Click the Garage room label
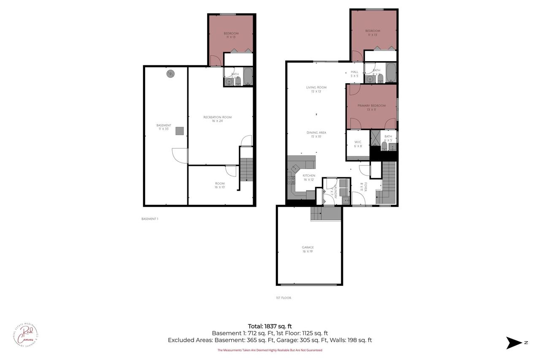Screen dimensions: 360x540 pyautogui.click(x=308, y=249)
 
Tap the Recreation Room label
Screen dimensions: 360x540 pyautogui.click(x=217, y=119)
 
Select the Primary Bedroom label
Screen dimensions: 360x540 pyautogui.click(x=371, y=107)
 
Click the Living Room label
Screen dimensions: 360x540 pyautogui.click(x=316, y=89)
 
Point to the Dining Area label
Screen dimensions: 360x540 pyautogui.click(x=316, y=135)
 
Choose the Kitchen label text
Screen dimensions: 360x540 pyautogui.click(x=309, y=177)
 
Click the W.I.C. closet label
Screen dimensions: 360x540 pyautogui.click(x=358, y=144)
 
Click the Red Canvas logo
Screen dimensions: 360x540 pyautogui.click(x=26, y=334)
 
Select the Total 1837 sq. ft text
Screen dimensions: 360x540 pyautogui.click(x=270, y=326)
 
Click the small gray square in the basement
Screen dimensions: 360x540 pyautogui.click(x=180, y=131)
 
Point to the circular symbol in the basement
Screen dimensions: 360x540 pyautogui.click(x=170, y=74)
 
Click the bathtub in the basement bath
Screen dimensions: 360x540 pyautogui.click(x=248, y=77)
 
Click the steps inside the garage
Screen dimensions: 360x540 pyautogui.click(x=326, y=214)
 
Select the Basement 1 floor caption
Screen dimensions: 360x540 pyautogui.click(x=150, y=219)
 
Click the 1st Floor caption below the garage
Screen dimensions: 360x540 pyautogui.click(x=283, y=298)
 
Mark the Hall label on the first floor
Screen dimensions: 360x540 pyautogui.click(x=354, y=74)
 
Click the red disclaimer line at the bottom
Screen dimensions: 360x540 pyautogui.click(x=270, y=350)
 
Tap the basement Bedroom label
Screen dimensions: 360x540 pyautogui.click(x=231, y=35)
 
